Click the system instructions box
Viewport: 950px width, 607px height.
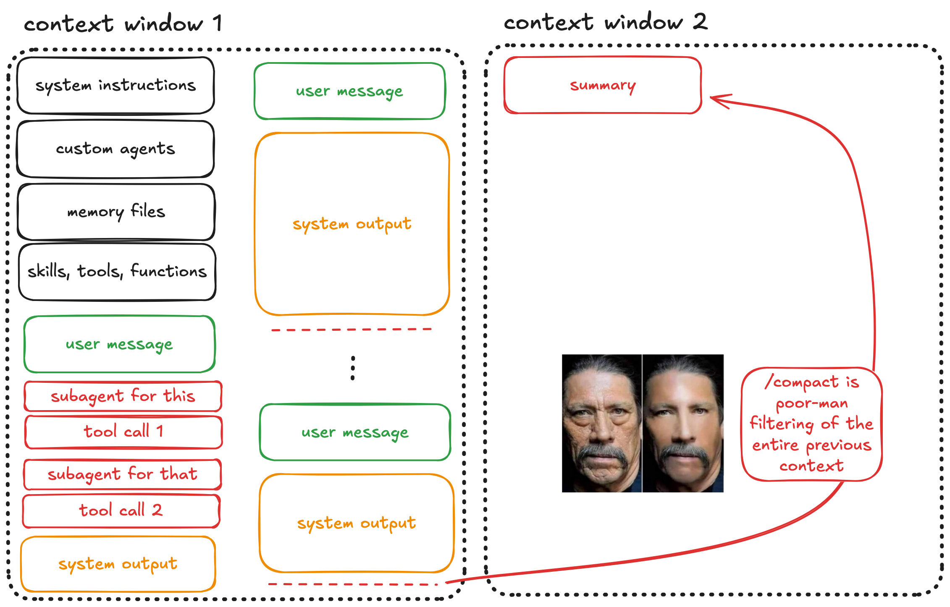click(115, 86)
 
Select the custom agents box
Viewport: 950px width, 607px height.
click(115, 149)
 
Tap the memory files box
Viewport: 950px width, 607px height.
click(116, 212)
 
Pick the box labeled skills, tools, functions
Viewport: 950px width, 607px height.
click(117, 272)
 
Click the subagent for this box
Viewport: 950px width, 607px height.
click(123, 396)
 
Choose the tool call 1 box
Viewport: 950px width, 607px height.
click(123, 432)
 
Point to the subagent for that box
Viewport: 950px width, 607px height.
click(122, 474)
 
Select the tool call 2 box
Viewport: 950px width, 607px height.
click(121, 510)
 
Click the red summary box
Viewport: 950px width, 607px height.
click(603, 85)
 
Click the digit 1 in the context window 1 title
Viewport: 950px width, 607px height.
click(217, 23)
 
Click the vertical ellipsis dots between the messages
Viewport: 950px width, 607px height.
click(353, 368)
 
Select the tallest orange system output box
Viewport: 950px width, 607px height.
click(352, 224)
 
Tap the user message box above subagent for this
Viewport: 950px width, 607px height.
click(120, 344)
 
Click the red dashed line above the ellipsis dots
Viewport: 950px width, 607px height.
click(351, 330)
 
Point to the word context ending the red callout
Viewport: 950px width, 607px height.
click(811, 466)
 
